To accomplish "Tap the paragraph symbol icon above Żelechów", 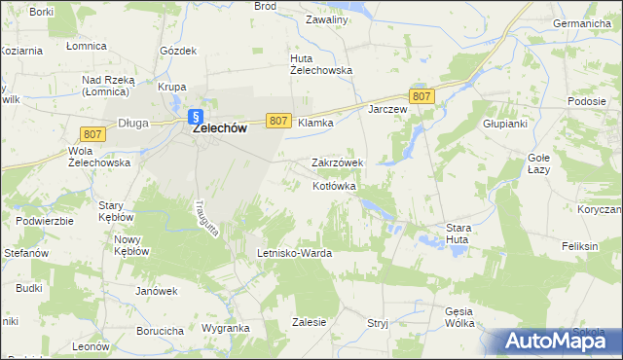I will click(x=195, y=113).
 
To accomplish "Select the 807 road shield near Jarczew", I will click(x=421, y=95).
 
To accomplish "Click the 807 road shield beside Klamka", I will click(x=277, y=120).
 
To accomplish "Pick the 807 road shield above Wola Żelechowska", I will click(x=94, y=132).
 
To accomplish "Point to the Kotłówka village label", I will click(x=335, y=185).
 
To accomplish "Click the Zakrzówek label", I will click(x=337, y=162).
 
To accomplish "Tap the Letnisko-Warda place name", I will click(x=294, y=253).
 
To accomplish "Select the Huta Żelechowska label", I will click(x=321, y=63).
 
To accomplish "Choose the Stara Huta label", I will click(x=458, y=234).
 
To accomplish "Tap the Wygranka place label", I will click(x=226, y=329).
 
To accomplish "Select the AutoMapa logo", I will click(x=552, y=341).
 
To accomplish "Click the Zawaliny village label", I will click(x=326, y=19).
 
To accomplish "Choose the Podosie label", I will click(x=588, y=102).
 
